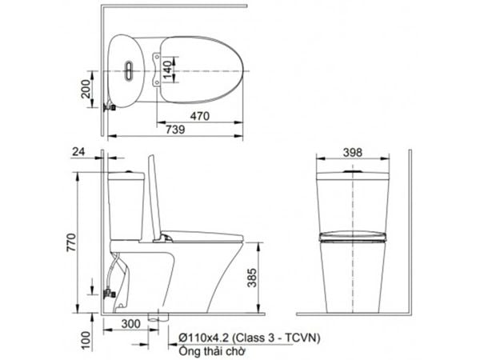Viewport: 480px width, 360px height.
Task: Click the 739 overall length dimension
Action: click(x=175, y=130)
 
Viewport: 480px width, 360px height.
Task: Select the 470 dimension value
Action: click(x=200, y=116)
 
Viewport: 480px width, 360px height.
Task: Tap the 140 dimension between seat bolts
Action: click(x=167, y=70)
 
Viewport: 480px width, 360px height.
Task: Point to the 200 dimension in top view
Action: click(x=86, y=89)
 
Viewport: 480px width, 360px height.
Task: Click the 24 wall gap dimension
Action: click(x=78, y=152)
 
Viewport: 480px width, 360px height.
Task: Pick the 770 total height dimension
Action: click(x=71, y=242)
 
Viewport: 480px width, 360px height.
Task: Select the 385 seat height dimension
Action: click(x=252, y=278)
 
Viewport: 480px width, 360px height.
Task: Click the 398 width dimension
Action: click(x=352, y=153)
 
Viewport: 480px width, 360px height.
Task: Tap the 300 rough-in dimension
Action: click(x=130, y=324)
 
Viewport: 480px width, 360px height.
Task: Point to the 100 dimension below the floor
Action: click(x=86, y=341)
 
